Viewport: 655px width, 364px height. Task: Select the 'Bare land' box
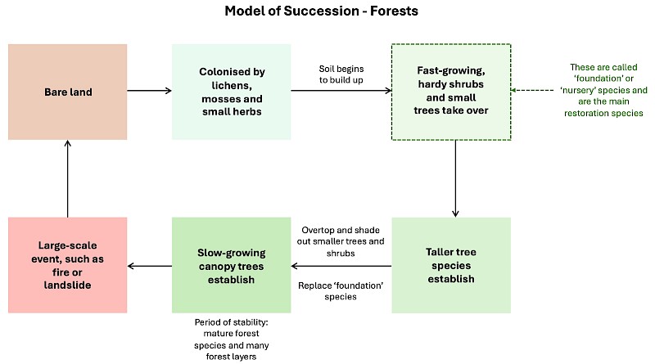(69, 92)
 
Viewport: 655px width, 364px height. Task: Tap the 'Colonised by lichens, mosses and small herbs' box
(231, 92)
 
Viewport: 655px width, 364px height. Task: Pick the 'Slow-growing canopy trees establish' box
(231, 265)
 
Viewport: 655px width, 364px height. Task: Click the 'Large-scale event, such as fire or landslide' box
(69, 265)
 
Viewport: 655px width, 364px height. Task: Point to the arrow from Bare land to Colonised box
(150, 92)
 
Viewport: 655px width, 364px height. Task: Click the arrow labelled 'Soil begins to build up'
(341, 92)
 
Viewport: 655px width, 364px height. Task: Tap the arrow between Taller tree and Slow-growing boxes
(341, 265)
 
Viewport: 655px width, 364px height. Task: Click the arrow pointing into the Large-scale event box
(150, 265)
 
